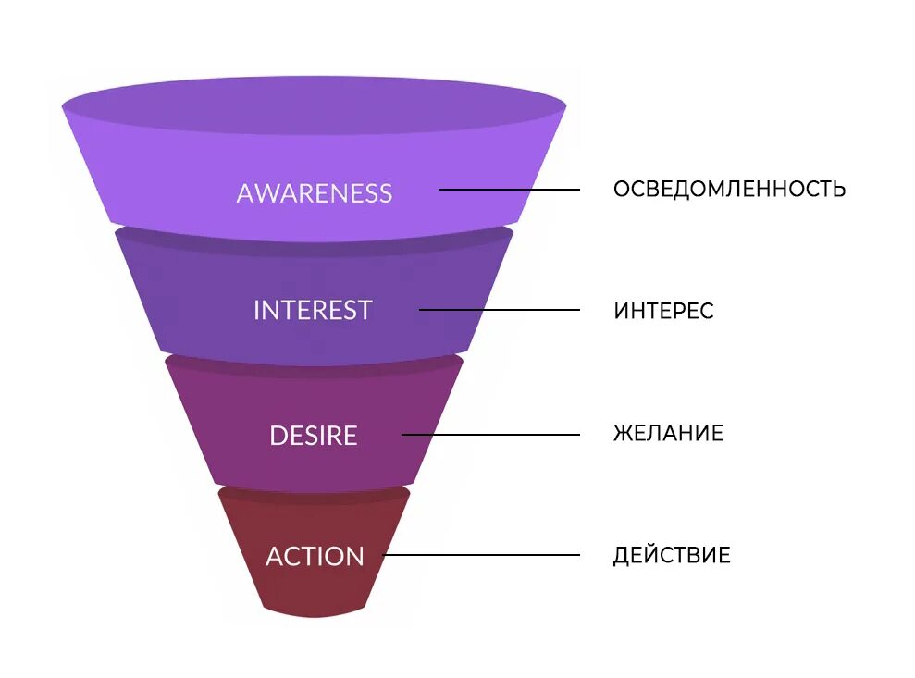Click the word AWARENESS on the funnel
pyautogui.click(x=314, y=193)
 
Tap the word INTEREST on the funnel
pyautogui.click(x=313, y=310)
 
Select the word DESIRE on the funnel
pyautogui.click(x=313, y=436)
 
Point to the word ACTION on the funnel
pyautogui.click(x=315, y=557)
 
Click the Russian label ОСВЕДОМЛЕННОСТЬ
pyautogui.click(x=729, y=190)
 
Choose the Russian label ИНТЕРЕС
pyautogui.click(x=663, y=311)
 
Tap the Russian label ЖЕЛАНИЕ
pyautogui.click(x=668, y=433)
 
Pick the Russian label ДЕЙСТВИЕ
pyautogui.click(x=672, y=556)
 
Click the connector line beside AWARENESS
pyautogui.click(x=509, y=190)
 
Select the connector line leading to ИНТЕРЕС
pyautogui.click(x=500, y=310)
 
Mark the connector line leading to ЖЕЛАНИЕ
pyautogui.click(x=490, y=434)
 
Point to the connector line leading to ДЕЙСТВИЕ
pyautogui.click(x=481, y=555)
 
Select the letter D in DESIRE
pyautogui.click(x=278, y=436)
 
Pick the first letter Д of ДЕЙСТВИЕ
pyautogui.click(x=622, y=556)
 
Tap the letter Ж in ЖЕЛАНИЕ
pyautogui.click(x=623, y=433)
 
